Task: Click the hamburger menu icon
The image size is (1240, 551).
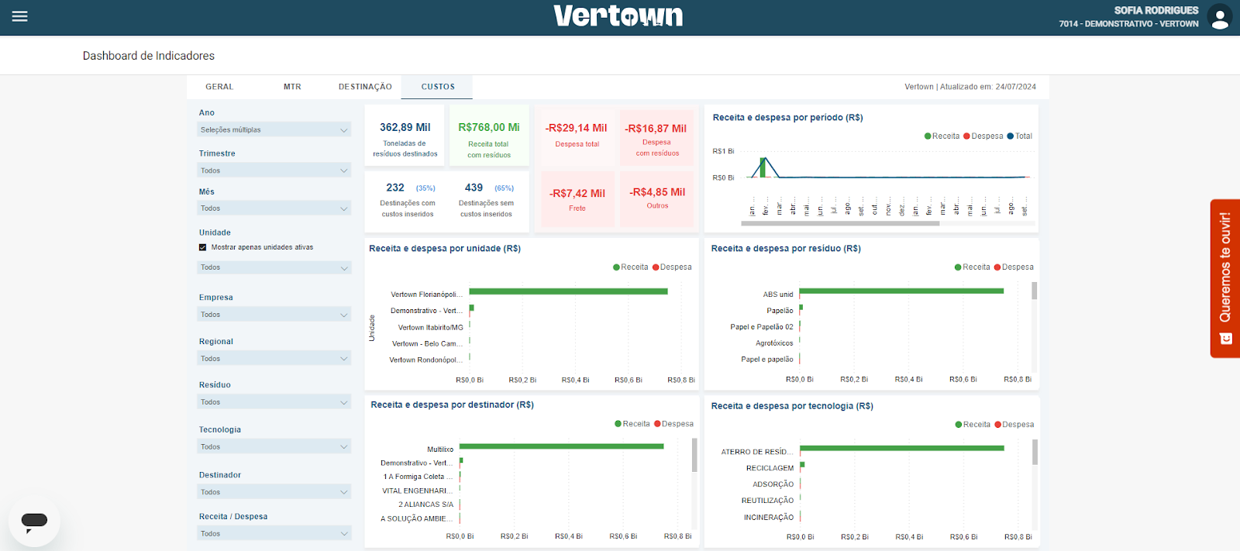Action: coord(20,16)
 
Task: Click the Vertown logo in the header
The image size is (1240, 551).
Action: coord(618,16)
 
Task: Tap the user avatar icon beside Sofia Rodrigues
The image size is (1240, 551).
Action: coord(1220,17)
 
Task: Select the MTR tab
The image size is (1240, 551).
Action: coord(292,87)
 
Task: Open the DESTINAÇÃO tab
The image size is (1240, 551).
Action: coord(365,87)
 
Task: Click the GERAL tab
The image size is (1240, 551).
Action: coord(219,87)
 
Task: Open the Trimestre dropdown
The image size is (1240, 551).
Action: coord(274,170)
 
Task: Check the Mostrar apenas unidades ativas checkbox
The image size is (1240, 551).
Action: coord(203,247)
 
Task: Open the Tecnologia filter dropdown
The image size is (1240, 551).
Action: coord(274,447)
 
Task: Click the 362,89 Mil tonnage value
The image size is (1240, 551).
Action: coord(405,127)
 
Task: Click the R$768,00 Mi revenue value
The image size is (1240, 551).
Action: coord(489,127)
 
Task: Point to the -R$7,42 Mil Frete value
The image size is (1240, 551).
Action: coord(577,193)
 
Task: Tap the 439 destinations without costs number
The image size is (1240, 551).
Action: coord(474,188)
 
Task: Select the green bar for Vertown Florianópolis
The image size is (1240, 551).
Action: coord(568,291)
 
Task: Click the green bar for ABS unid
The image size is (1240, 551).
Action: coord(901,291)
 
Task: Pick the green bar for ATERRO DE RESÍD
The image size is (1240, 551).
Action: coord(901,448)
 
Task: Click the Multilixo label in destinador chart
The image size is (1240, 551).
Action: coord(440,449)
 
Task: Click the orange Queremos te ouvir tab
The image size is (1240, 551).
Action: coord(1224,278)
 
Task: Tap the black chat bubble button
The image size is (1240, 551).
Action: coord(34,522)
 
